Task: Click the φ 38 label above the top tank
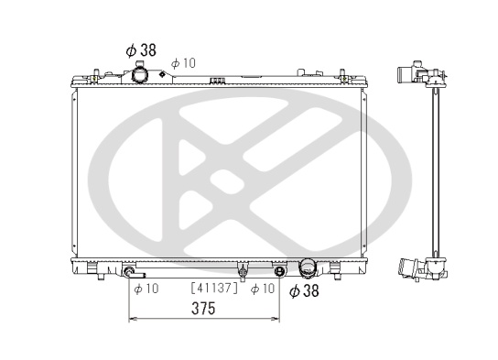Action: (141, 50)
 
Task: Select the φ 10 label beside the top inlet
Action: (183, 63)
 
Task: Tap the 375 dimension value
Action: (203, 308)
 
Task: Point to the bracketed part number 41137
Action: (214, 288)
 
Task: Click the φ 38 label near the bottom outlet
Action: (304, 290)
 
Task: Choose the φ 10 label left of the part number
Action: (146, 289)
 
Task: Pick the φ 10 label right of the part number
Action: (263, 289)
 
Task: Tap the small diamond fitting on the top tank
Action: (162, 74)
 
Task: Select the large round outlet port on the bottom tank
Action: (307, 267)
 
